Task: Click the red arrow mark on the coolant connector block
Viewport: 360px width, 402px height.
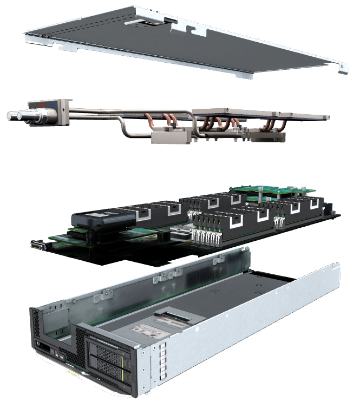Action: [41, 102]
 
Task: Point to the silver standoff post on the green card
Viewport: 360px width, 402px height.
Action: [260, 192]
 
